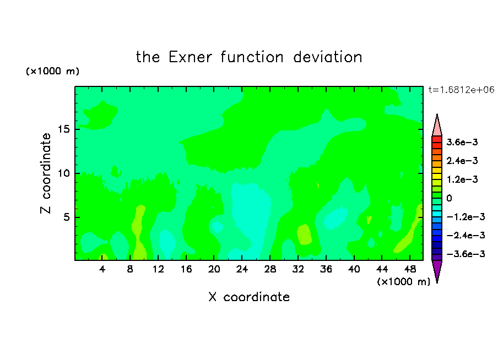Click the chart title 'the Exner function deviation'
click(x=249, y=57)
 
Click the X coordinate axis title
click(x=249, y=297)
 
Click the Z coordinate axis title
click(x=46, y=173)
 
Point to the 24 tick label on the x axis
click(x=242, y=269)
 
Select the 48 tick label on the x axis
click(x=410, y=269)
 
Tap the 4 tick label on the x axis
click(x=102, y=269)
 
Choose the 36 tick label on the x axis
click(x=326, y=269)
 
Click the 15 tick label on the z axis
click(x=64, y=129)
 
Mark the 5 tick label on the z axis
click(x=66, y=217)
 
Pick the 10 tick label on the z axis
click(x=64, y=173)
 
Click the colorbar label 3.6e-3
click(x=462, y=142)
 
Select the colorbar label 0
click(x=449, y=198)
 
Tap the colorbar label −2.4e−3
click(x=465, y=235)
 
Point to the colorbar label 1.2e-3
click(x=462, y=179)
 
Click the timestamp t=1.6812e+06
click(x=461, y=90)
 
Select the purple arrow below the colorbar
click(x=437, y=270)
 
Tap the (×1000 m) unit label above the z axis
click(x=52, y=71)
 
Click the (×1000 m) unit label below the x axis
click(x=403, y=282)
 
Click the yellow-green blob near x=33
click(x=304, y=234)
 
